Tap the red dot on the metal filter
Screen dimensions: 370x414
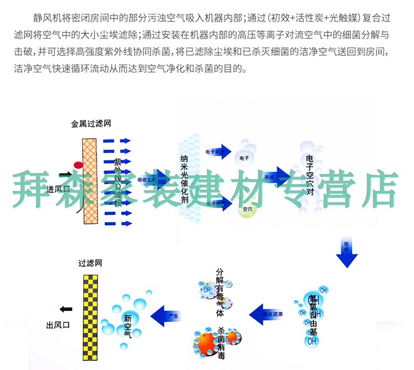pos(78,165)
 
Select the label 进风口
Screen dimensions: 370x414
pos(59,189)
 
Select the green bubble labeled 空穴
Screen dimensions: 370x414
pos(247,210)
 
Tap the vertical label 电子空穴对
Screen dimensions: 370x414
pos(310,176)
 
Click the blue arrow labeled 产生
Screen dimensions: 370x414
pos(171,315)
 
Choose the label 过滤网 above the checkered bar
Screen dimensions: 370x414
pos(91,264)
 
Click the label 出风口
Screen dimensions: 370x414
pos(58,325)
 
